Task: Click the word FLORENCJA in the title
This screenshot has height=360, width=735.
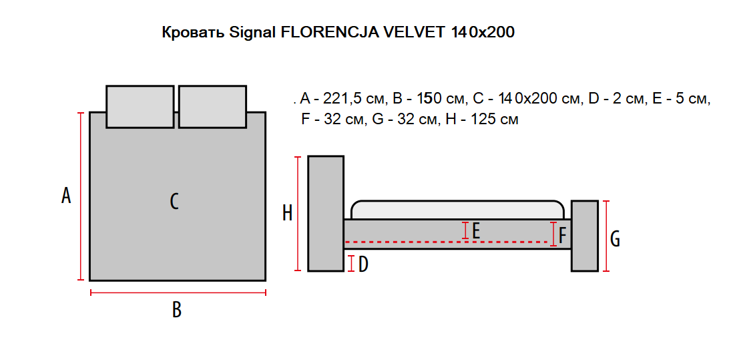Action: [330, 32]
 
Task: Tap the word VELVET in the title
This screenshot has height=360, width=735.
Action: [414, 32]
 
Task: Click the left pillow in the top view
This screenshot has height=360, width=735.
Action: [140, 106]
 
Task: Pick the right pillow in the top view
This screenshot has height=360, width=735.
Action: [213, 106]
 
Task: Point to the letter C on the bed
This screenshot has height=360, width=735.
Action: [174, 202]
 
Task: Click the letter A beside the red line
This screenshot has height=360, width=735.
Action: [66, 195]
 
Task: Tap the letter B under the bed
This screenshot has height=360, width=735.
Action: [177, 309]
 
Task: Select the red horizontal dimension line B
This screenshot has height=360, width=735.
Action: [178, 293]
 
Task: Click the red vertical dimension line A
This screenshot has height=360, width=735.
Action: [81, 196]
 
